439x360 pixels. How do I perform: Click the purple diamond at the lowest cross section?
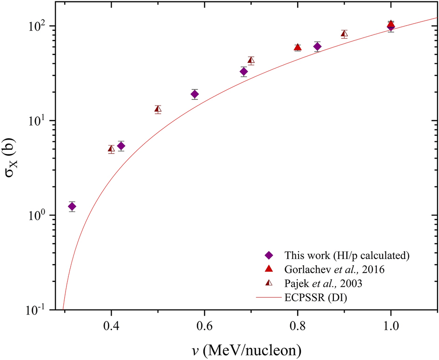72,207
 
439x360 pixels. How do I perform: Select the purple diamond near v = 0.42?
121,146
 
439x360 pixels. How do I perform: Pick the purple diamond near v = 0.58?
194,94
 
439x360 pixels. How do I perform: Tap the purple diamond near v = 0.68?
244,72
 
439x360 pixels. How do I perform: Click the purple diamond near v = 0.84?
317,47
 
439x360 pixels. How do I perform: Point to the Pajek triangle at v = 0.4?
111,149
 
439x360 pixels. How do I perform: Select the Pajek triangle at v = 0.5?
158,109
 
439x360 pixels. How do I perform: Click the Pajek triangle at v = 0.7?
251,60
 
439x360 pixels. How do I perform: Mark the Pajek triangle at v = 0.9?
344,33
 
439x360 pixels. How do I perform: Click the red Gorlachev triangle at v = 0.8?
298,47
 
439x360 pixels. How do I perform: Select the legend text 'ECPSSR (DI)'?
322,296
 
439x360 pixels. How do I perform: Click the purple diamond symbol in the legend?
267,255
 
